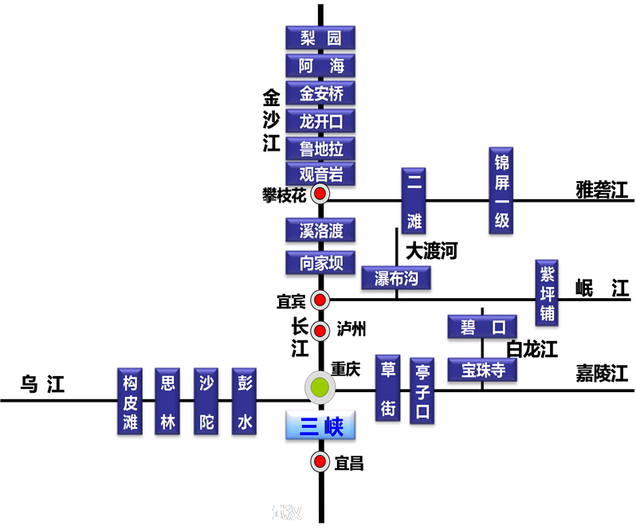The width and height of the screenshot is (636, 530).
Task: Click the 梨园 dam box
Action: (x=320, y=37)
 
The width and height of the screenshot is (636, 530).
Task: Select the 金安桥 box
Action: (x=320, y=93)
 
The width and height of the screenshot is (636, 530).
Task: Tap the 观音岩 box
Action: (x=320, y=174)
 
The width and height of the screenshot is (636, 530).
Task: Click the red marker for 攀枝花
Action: (x=320, y=194)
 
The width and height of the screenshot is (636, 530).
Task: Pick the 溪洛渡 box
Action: (x=320, y=231)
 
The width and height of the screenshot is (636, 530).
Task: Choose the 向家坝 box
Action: (x=320, y=262)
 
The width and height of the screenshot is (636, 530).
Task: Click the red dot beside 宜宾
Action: (x=320, y=300)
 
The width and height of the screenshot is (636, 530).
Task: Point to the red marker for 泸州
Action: (x=320, y=331)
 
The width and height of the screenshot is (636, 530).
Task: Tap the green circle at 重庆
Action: (x=320, y=388)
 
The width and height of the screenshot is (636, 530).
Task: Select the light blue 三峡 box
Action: (x=320, y=426)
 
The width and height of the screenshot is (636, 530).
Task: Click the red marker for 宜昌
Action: (x=320, y=461)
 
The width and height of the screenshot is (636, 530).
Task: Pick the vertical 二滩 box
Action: (x=414, y=201)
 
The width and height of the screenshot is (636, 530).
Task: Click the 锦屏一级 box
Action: (x=501, y=191)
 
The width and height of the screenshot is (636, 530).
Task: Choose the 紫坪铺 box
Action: (x=547, y=292)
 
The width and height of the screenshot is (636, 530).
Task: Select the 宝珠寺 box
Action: (x=482, y=370)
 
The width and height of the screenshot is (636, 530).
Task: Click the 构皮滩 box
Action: (x=131, y=402)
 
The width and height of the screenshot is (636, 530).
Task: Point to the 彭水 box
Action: (x=244, y=402)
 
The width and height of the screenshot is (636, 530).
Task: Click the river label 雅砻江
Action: (x=602, y=190)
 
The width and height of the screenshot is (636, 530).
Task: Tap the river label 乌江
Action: (x=42, y=386)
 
